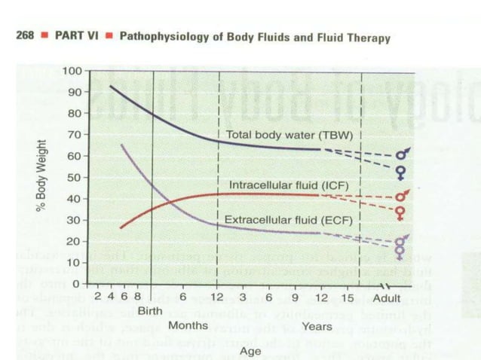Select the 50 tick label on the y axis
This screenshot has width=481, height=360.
coord(75,177)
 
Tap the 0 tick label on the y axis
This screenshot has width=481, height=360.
coord(78,284)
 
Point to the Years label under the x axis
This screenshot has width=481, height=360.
coord(317,326)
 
